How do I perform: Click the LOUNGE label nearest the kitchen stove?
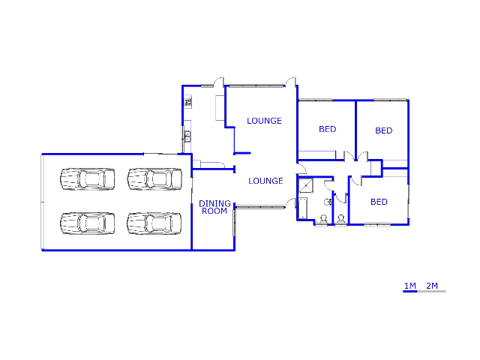pos(264,121)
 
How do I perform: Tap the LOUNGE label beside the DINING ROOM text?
pos(265,181)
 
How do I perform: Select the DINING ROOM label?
pos(214,207)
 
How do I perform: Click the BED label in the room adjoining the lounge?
pos(328,129)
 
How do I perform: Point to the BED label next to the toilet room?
pos(379,202)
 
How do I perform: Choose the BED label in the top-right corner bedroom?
pos(384,130)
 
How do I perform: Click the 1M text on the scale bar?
pos(410,286)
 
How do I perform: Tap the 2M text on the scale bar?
pos(432,286)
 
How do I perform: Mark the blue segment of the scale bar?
pos(410,292)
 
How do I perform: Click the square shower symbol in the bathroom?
pos(306,186)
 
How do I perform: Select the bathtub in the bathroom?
pos(303,208)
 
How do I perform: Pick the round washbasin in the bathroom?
pos(328,202)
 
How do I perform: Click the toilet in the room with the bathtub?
pos(323,220)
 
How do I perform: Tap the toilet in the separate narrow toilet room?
pos(341,220)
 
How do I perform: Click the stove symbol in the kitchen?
pos(188,102)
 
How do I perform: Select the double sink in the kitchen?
pos(187,136)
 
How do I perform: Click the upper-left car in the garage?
pos(88,179)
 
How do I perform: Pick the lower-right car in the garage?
pos(154,223)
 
